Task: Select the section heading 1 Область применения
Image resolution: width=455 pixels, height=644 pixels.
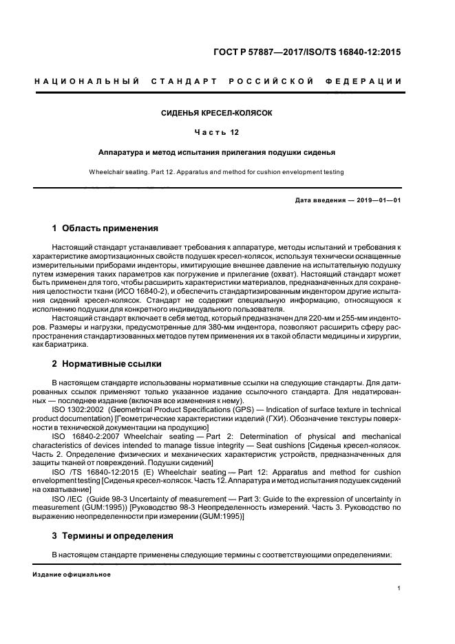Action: coord(105,228)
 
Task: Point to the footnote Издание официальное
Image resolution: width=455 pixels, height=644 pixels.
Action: coord(72,574)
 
